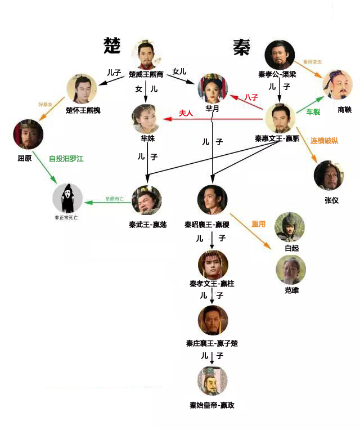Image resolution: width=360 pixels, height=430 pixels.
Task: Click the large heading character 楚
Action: click(112, 46)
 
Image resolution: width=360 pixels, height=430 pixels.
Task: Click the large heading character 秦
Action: click(241, 47)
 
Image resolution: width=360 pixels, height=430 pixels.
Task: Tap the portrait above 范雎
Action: click(290, 269)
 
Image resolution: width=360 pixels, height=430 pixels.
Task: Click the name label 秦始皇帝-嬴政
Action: click(212, 405)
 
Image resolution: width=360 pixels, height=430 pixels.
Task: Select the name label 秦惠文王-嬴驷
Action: click(277, 138)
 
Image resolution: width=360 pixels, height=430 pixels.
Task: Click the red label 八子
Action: click(251, 97)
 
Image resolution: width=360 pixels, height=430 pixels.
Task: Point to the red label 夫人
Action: click(186, 113)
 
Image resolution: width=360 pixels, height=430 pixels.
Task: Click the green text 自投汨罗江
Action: click(66, 159)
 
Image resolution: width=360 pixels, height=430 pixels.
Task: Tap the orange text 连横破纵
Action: click(325, 140)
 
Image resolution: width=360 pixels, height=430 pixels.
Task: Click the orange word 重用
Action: click(258, 224)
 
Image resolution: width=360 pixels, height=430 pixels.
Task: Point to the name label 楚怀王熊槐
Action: click(83, 110)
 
